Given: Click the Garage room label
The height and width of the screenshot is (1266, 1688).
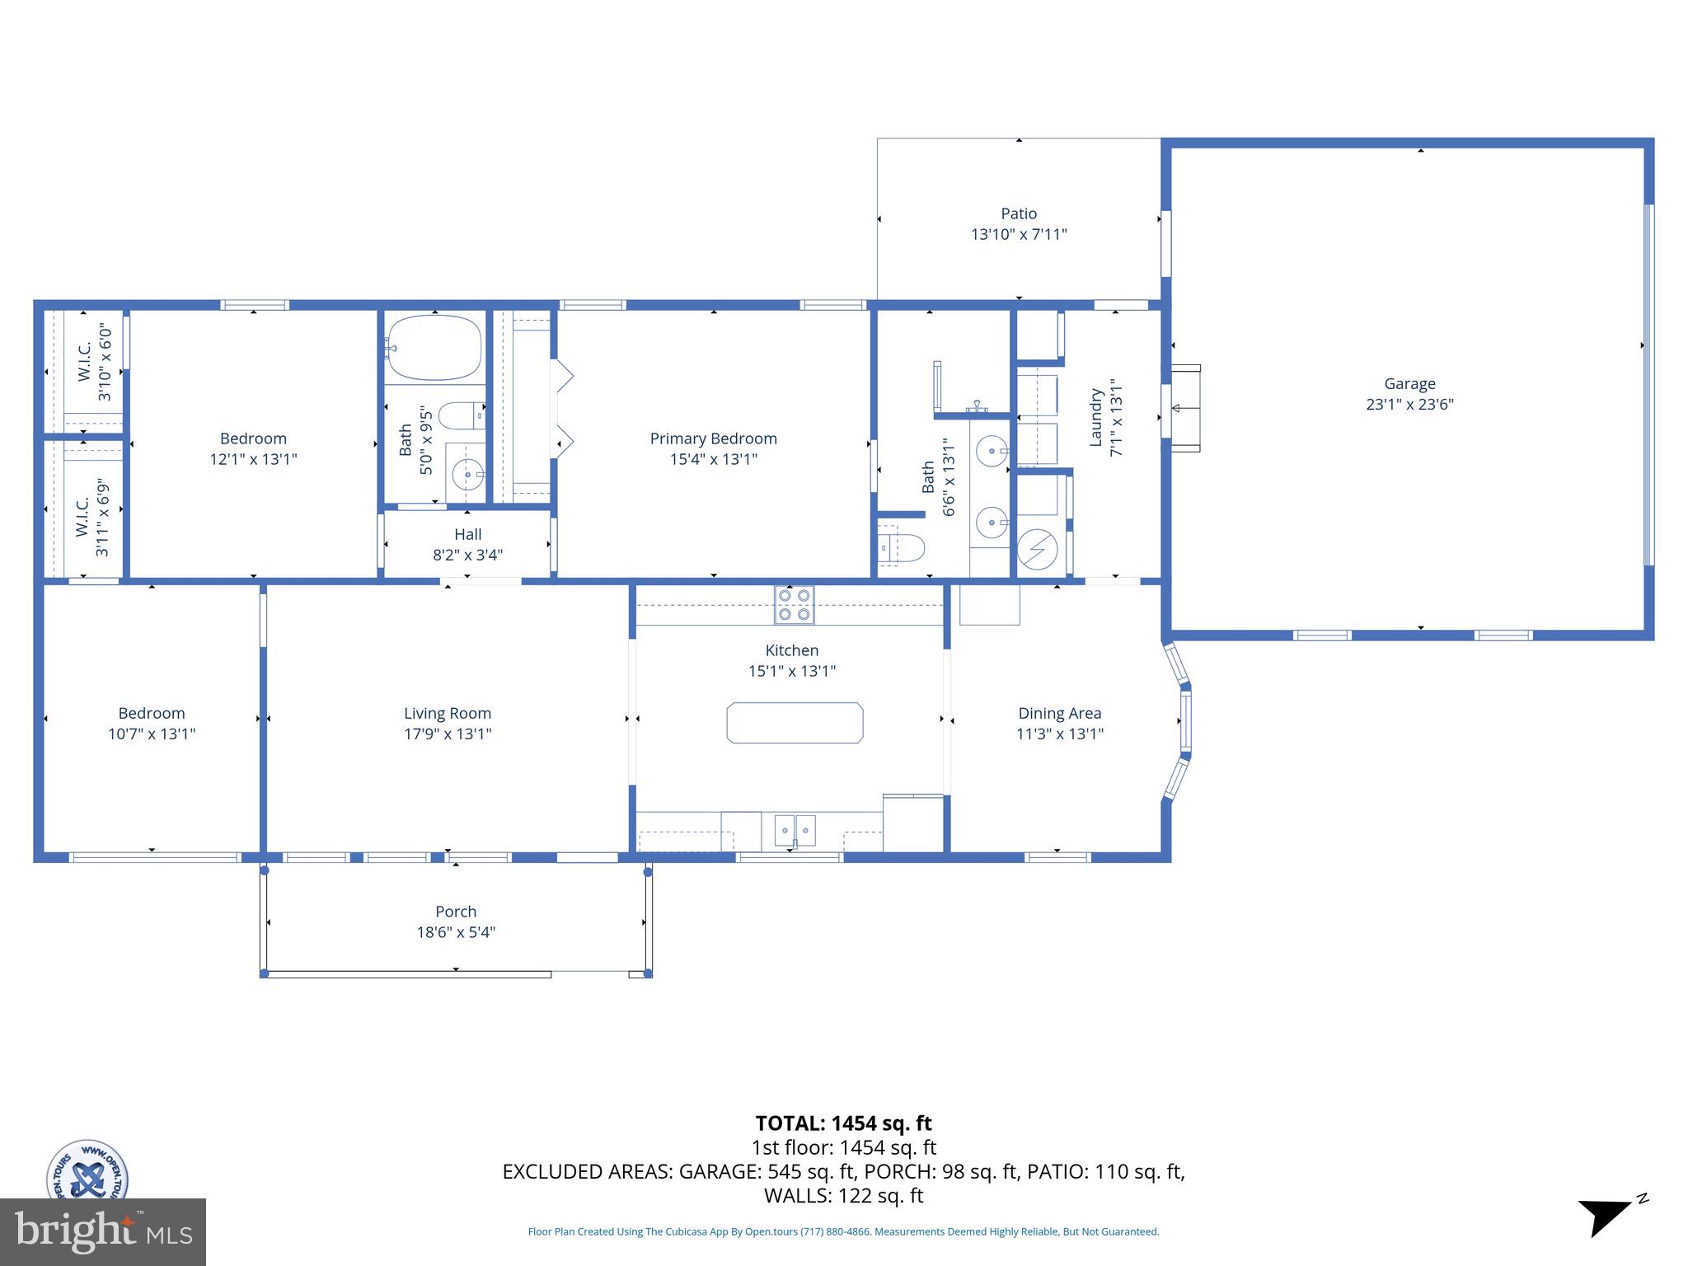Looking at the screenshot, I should pyautogui.click(x=1409, y=383).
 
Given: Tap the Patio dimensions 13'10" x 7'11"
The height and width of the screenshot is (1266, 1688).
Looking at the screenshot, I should pyautogui.click(x=1019, y=234).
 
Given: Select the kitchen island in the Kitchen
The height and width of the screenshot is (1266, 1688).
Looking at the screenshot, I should pyautogui.click(x=795, y=723).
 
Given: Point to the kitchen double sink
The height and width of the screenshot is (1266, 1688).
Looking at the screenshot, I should pyautogui.click(x=795, y=829).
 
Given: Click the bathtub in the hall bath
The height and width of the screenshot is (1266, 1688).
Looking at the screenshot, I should pyautogui.click(x=434, y=348).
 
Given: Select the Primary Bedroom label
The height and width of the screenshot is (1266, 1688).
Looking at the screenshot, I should pyautogui.click(x=713, y=438).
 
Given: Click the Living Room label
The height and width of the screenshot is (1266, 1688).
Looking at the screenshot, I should pyautogui.click(x=448, y=713).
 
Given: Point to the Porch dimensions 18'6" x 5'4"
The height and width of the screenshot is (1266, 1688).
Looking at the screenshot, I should pyautogui.click(x=456, y=932).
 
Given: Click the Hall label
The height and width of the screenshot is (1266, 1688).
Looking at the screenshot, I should pyautogui.click(x=467, y=534).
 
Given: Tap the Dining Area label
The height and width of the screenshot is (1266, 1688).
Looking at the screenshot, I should pyautogui.click(x=1059, y=713).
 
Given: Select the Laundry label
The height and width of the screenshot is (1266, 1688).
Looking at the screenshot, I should pyautogui.click(x=1096, y=418).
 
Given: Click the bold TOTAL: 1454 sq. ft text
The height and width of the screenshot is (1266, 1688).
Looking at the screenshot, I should pyautogui.click(x=843, y=1123).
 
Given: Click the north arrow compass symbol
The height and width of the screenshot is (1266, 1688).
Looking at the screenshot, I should pyautogui.click(x=1606, y=1217).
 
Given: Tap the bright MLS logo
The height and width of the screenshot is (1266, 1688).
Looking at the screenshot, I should pyautogui.click(x=102, y=1231).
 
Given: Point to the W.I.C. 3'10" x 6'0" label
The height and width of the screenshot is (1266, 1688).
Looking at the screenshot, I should pyautogui.click(x=94, y=363).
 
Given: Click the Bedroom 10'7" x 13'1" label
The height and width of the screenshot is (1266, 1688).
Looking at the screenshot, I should pyautogui.click(x=152, y=723).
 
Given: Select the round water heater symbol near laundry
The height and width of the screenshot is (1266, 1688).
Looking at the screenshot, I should pyautogui.click(x=1037, y=549).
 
